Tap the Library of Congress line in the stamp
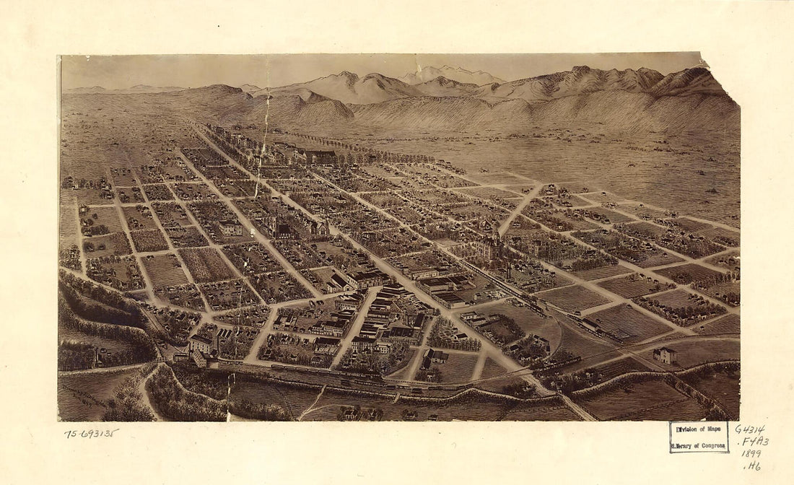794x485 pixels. point(699,445)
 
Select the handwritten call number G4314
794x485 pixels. point(751,429)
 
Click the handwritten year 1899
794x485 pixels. point(751,454)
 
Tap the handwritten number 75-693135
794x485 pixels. point(91,434)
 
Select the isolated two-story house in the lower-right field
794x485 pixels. point(665,355)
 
